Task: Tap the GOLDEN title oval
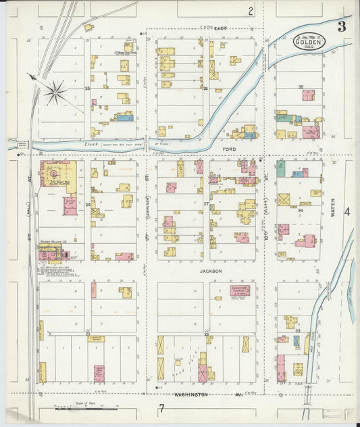pyautogui.click(x=309, y=42)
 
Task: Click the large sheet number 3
pyautogui.click(x=342, y=27)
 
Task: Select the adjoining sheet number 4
pyautogui.click(x=347, y=211)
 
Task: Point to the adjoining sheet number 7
pyautogui.click(x=161, y=408)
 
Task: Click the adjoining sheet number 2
pyautogui.click(x=251, y=11)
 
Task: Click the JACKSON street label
pyautogui.click(x=210, y=270)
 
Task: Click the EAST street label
pyautogui.click(x=220, y=28)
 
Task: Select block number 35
pyautogui.click(x=301, y=87)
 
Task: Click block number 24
pyautogui.click(x=88, y=203)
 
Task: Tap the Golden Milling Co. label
pyautogui.click(x=51, y=241)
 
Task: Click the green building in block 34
pyautogui.click(x=280, y=168)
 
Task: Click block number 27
pyautogui.click(x=206, y=203)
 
